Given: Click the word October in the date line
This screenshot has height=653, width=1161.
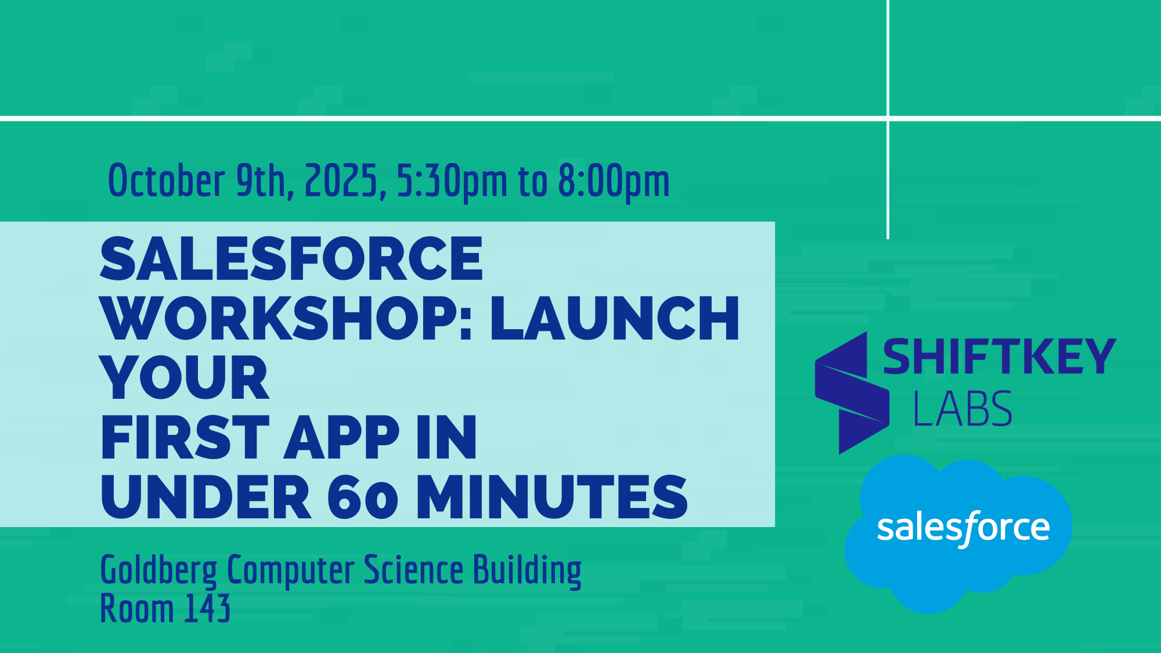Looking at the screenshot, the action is (x=167, y=180).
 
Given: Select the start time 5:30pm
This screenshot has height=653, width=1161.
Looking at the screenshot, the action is (x=452, y=182).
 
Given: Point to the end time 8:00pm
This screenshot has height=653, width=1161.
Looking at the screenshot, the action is (x=614, y=182).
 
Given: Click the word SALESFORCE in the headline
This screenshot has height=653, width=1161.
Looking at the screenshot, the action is (x=291, y=259).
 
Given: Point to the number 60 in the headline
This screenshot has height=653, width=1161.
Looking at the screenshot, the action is (x=363, y=497).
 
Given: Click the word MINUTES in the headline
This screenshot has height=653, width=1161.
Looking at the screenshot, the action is (x=552, y=497).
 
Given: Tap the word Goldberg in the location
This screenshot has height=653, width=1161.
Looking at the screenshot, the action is (x=158, y=571).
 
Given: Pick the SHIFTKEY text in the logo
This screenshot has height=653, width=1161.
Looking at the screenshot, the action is (x=999, y=357).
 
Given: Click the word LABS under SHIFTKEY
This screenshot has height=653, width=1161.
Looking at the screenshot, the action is (x=962, y=409).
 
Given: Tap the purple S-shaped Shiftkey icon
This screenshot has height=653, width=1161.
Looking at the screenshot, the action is (x=852, y=393).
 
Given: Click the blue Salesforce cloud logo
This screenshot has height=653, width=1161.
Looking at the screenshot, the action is (x=958, y=533).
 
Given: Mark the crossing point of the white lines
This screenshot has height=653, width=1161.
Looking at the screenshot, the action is (x=888, y=118).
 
